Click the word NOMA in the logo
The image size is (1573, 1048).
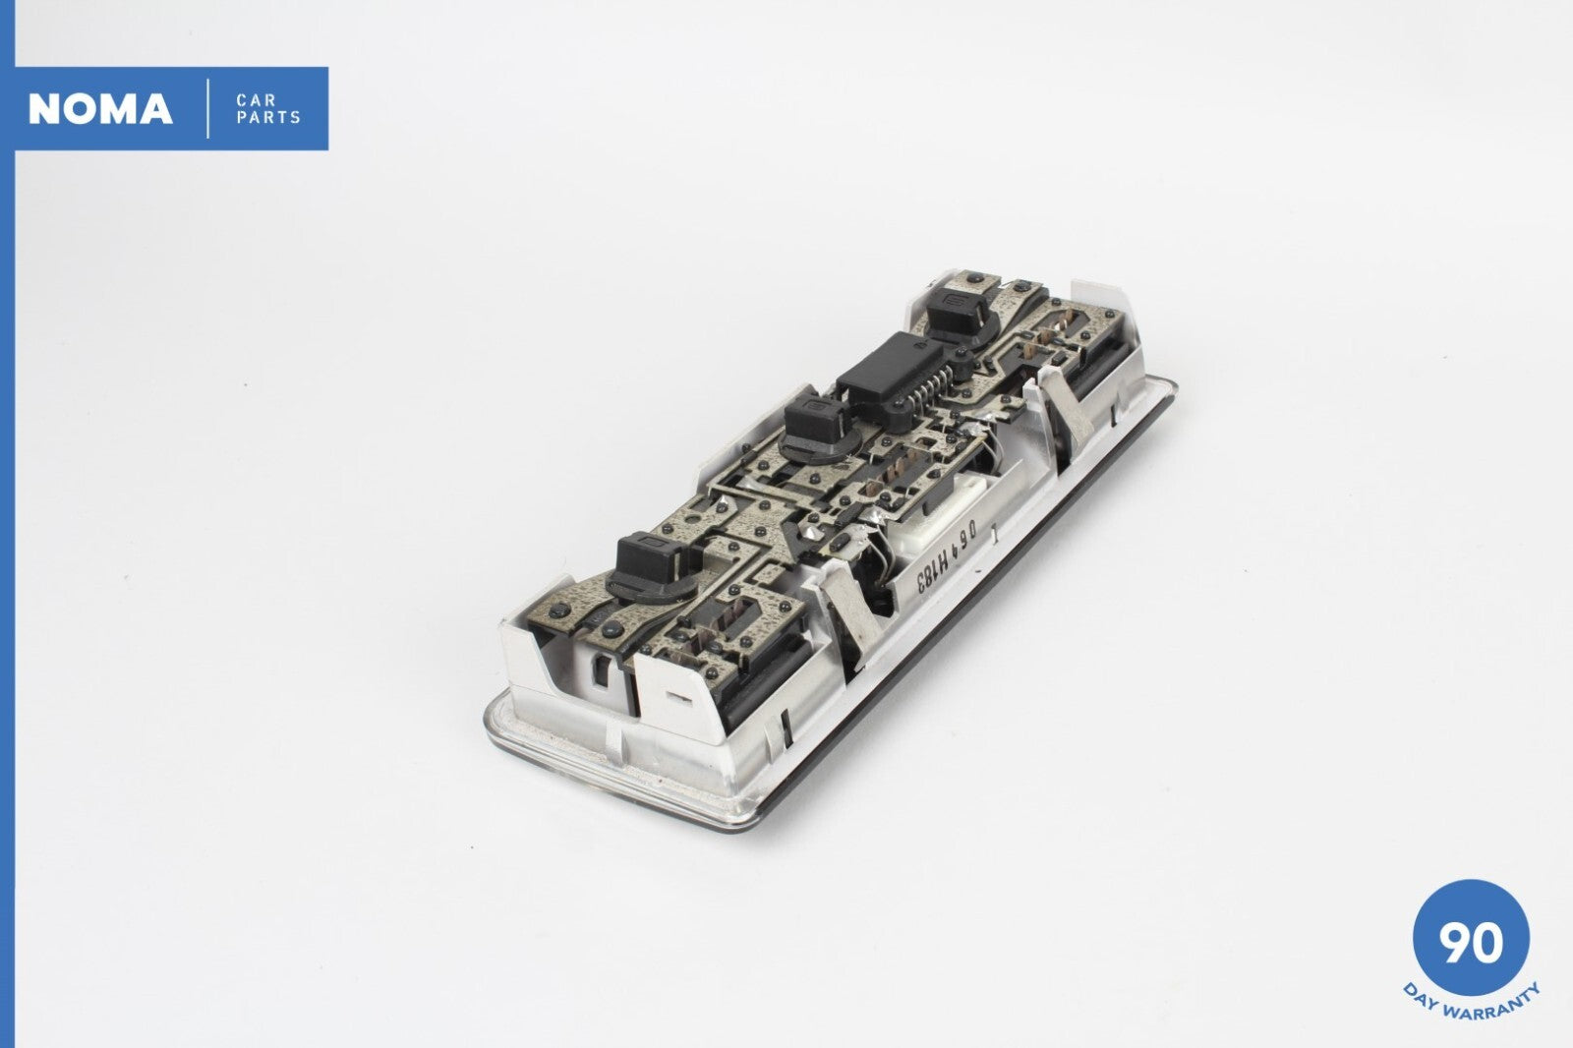point(100,109)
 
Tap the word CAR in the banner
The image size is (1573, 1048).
point(257,100)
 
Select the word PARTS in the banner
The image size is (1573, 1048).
point(268,117)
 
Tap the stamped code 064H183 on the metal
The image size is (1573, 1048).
point(946,554)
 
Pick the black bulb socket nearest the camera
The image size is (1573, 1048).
point(651,569)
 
